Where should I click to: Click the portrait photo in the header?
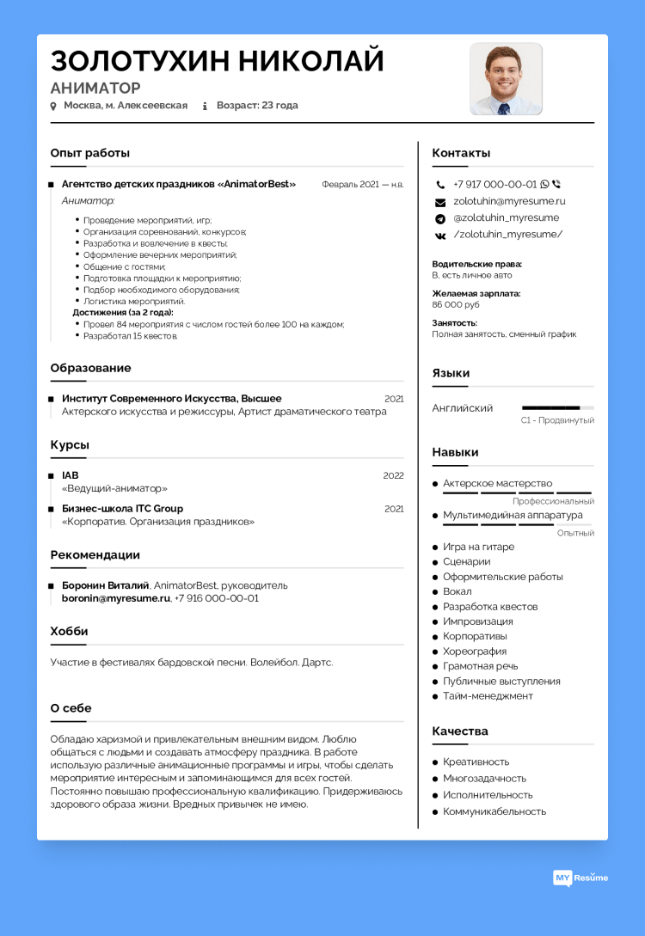[506, 79]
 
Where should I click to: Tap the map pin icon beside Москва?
[53, 107]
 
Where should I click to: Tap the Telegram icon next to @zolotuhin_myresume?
[440, 218]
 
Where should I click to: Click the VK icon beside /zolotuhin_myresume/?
[440, 235]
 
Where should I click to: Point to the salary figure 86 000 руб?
[456, 304]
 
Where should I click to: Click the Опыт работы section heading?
[90, 153]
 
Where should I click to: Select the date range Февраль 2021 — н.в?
[362, 184]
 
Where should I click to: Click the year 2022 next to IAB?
[393, 475]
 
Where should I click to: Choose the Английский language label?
[462, 408]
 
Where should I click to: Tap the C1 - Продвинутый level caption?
[557, 420]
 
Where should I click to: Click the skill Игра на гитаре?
[478, 547]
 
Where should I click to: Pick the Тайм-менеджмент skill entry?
[488, 696]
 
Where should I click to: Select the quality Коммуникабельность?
[494, 811]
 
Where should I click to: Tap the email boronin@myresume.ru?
[116, 598]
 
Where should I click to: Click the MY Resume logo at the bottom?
[580, 878]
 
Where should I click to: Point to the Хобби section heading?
[69, 631]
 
